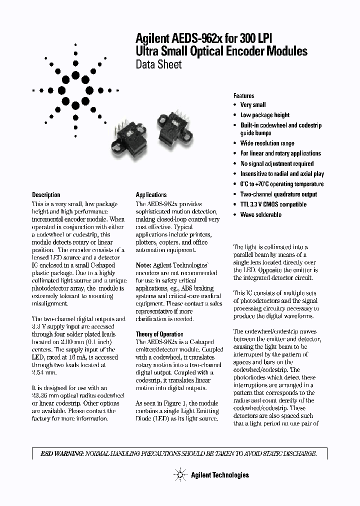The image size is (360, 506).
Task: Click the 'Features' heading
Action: [243, 95]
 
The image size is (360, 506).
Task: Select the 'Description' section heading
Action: [46, 194]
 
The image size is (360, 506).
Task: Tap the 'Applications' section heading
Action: [151, 194]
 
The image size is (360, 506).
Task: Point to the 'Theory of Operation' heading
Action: [159, 334]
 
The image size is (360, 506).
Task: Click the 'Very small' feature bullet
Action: [252, 105]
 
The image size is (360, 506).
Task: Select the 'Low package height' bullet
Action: [264, 115]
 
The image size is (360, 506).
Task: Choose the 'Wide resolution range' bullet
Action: [267, 143]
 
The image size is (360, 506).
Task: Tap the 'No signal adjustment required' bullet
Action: [276, 163]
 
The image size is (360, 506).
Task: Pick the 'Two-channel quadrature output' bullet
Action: [278, 194]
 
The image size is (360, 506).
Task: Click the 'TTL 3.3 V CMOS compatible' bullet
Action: [273, 204]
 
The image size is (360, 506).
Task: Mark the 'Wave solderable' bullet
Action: [260, 214]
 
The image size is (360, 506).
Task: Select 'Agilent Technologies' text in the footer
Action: [219, 474]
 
